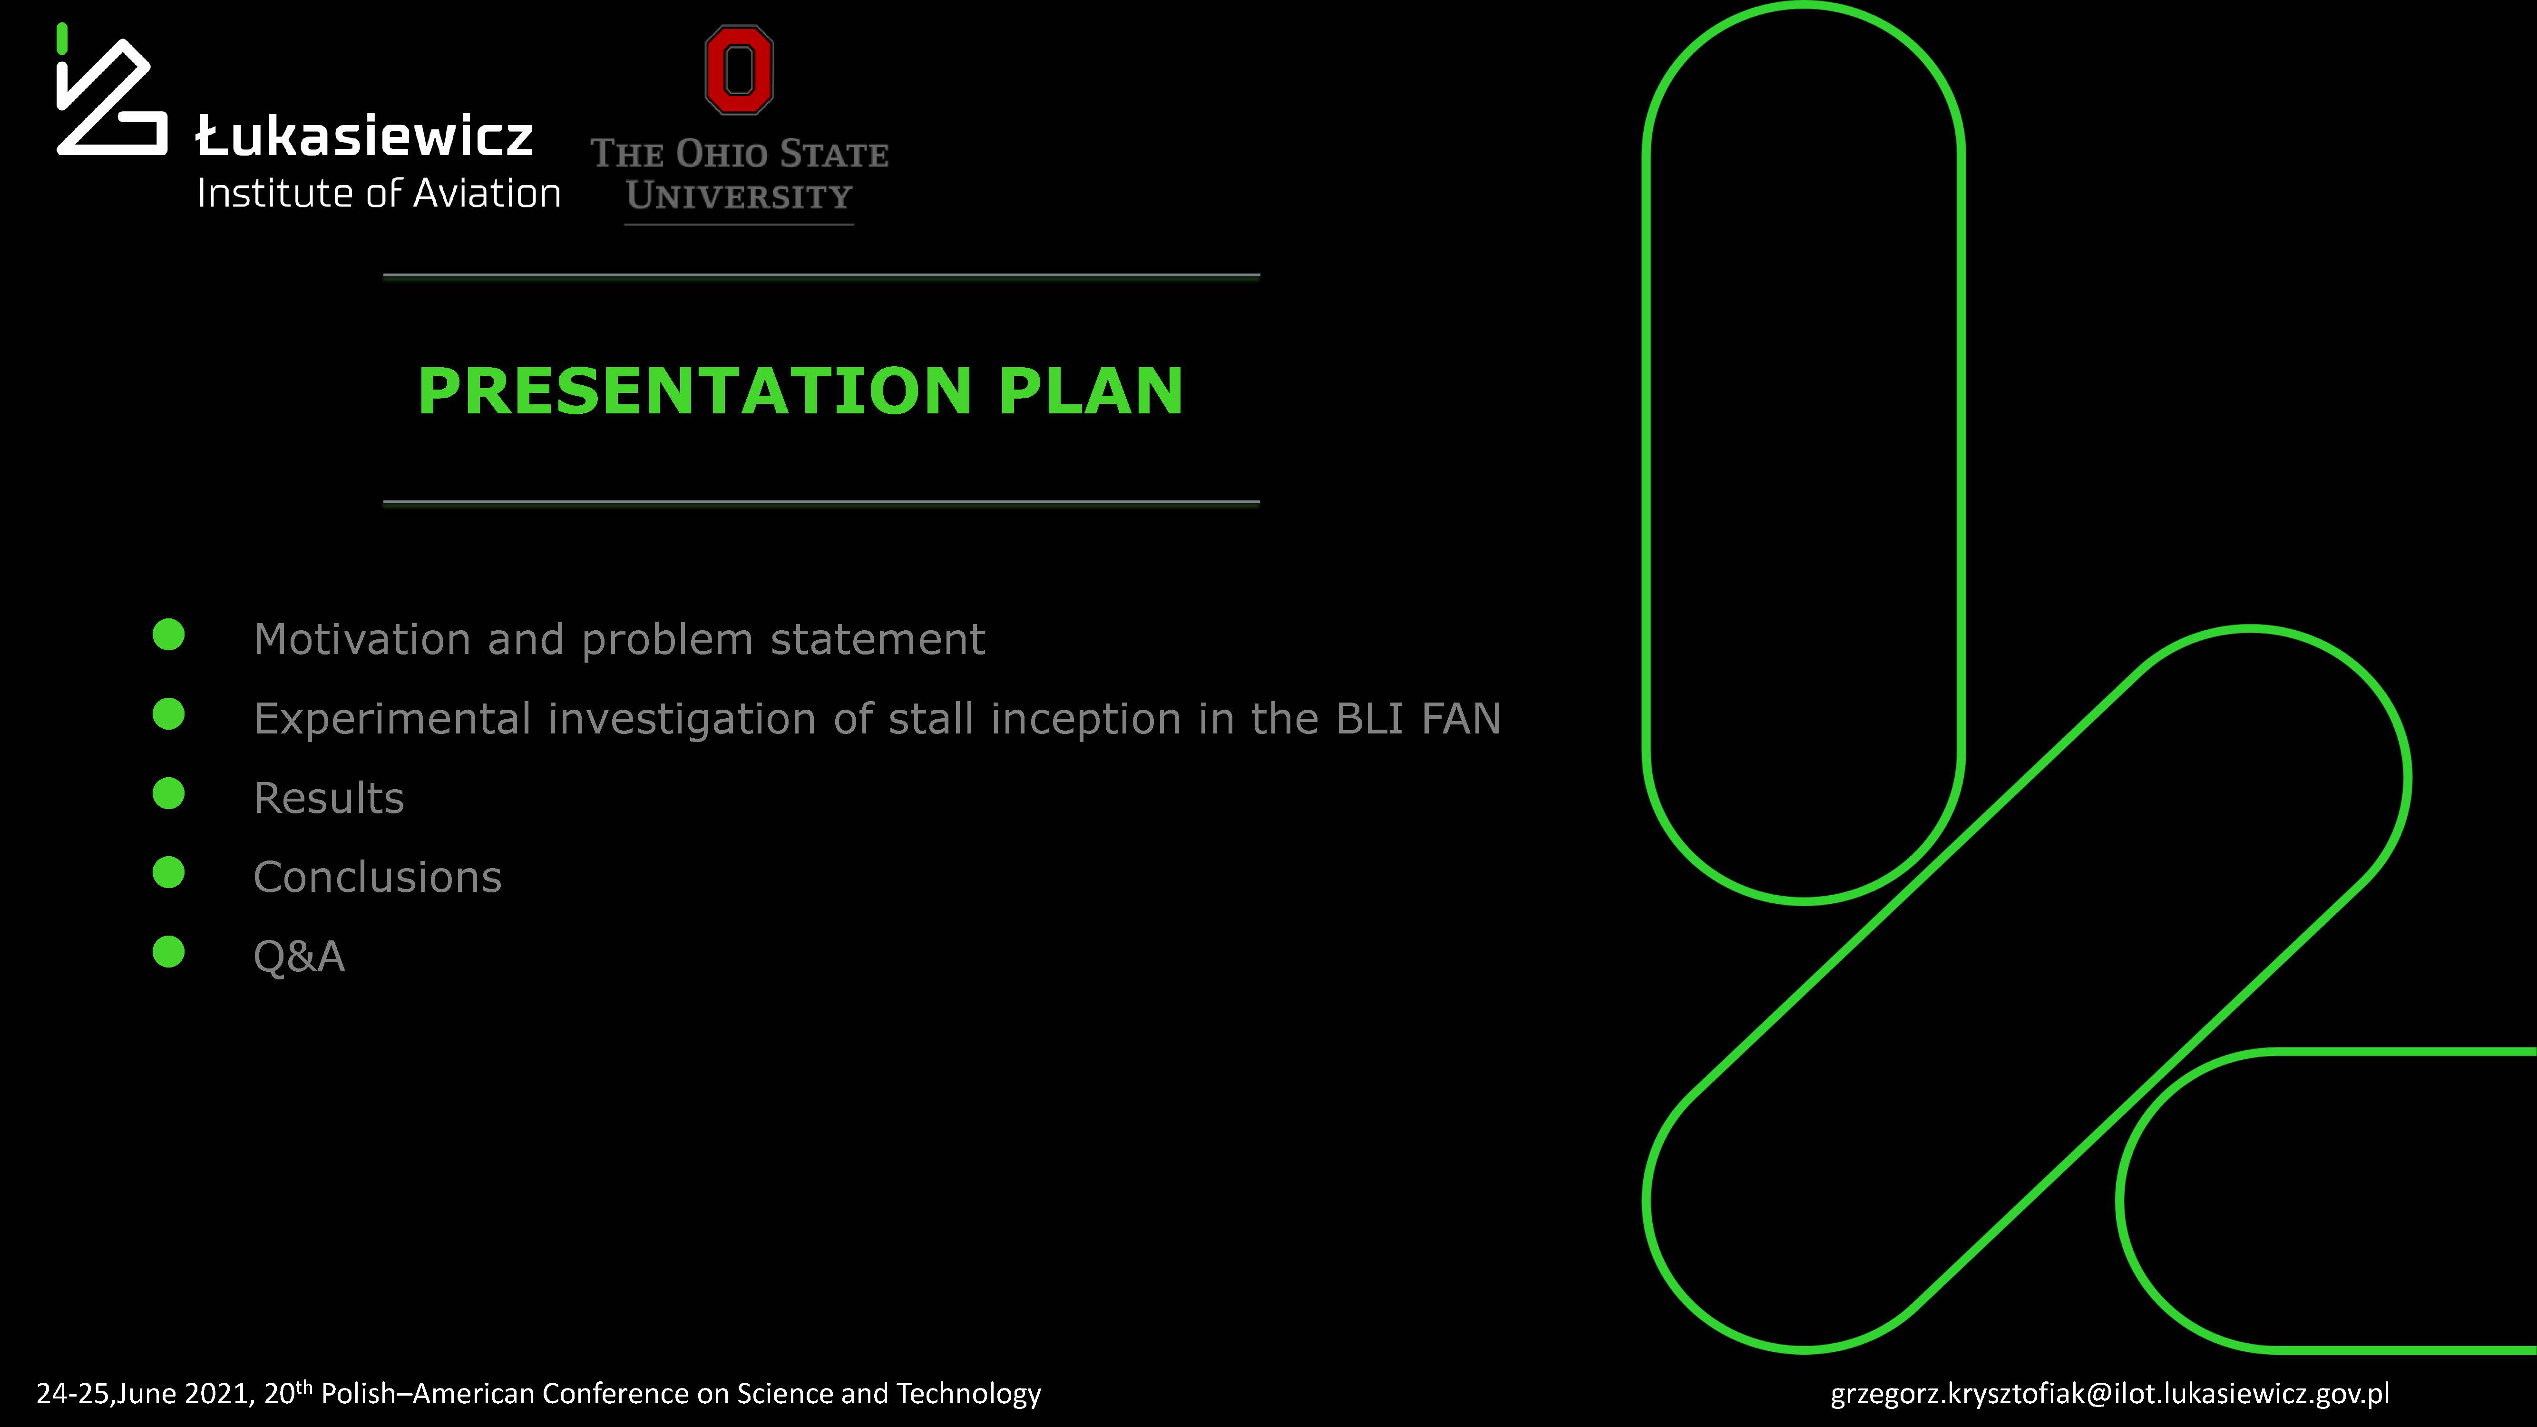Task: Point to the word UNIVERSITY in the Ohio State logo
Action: coord(739,196)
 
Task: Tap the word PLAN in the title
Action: coord(1091,391)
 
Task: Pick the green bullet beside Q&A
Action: coord(168,951)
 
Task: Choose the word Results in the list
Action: coord(329,798)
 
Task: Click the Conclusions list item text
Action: coord(377,877)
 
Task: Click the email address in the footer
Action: coord(2109,1394)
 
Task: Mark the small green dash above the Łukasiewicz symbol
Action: coord(62,39)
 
